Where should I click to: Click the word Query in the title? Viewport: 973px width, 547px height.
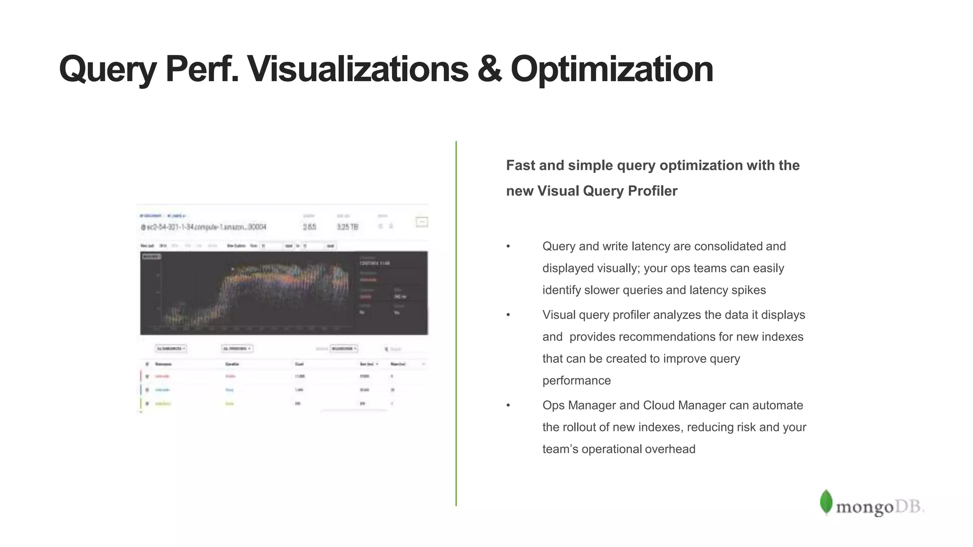coord(107,70)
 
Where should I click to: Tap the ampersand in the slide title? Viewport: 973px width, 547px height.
coord(489,69)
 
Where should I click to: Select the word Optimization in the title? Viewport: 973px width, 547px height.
coord(612,70)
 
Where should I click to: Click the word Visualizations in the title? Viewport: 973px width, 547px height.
coord(358,69)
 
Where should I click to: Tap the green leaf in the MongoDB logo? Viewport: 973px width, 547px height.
coord(826,502)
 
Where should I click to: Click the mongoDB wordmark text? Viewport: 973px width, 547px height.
coord(879,507)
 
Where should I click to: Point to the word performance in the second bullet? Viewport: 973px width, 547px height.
coord(576,380)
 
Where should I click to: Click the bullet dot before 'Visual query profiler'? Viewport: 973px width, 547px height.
coord(508,315)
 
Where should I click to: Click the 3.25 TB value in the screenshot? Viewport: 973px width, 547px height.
coord(347,227)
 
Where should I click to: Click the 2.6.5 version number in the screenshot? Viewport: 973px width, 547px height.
coord(309,227)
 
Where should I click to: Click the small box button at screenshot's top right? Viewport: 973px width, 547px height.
coord(421,222)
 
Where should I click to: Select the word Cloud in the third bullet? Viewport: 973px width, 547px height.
coord(659,405)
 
